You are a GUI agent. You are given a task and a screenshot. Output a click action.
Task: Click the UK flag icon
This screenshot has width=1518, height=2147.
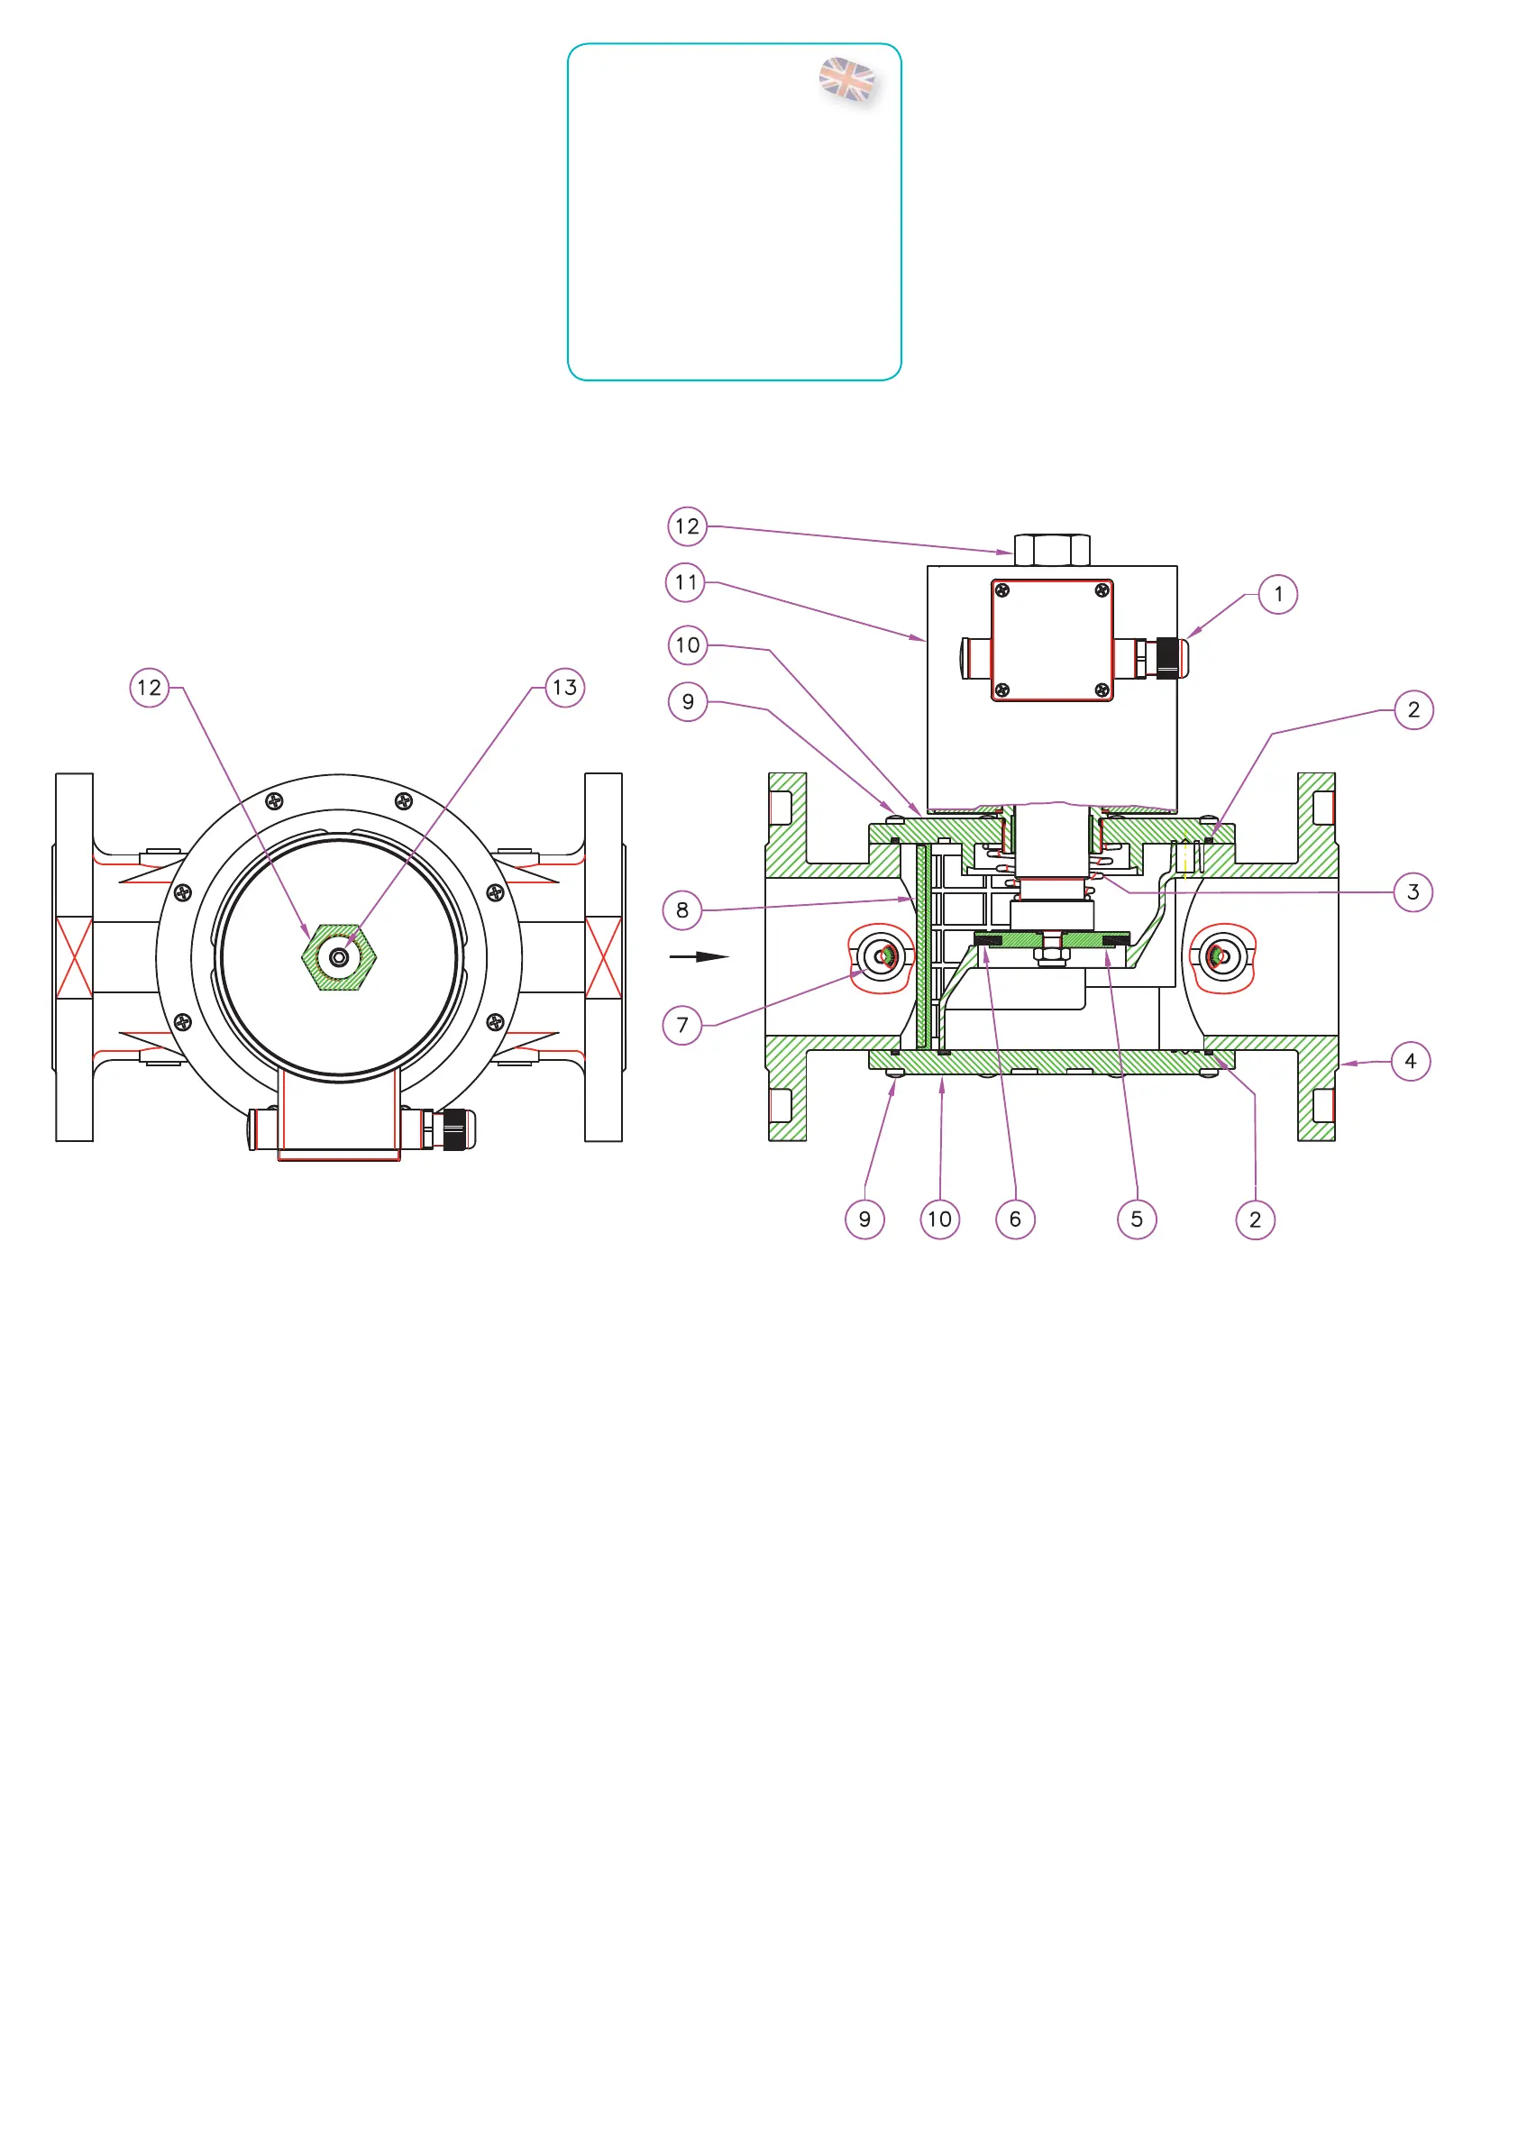[x=846, y=80]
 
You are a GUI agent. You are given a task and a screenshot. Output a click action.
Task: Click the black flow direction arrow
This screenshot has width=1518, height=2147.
[x=700, y=956]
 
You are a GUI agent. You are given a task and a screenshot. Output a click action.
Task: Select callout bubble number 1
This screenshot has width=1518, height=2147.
[x=1277, y=595]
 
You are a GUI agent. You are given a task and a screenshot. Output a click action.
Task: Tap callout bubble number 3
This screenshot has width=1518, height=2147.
[x=1413, y=892]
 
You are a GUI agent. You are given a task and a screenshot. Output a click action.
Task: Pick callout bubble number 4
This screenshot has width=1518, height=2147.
[x=1411, y=1062]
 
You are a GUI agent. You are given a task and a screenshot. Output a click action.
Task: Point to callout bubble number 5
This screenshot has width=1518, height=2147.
[x=1137, y=1220]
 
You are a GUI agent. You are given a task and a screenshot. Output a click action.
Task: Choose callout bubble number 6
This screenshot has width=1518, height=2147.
[x=1015, y=1220]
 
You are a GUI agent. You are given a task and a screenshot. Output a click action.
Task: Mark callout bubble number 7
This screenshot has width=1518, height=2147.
[x=681, y=1025]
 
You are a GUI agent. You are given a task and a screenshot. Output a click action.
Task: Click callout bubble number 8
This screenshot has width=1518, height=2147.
[x=681, y=909]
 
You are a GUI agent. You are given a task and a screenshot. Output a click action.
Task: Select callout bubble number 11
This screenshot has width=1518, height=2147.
[x=686, y=582]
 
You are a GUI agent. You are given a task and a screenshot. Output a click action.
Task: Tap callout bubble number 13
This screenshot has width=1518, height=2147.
[x=564, y=689]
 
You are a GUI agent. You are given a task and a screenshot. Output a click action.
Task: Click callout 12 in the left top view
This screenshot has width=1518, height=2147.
[x=149, y=689]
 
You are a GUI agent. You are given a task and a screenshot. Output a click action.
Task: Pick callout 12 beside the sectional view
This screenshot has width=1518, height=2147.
[x=687, y=526]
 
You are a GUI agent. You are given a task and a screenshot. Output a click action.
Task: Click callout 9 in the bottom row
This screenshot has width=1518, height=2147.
[x=864, y=1220]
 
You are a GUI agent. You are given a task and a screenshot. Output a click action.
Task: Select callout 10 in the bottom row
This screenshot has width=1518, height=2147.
[x=939, y=1220]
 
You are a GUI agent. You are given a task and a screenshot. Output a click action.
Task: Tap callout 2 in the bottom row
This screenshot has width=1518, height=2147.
[x=1255, y=1220]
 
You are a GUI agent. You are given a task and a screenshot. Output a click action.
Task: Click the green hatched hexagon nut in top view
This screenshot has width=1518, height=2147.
[x=339, y=957]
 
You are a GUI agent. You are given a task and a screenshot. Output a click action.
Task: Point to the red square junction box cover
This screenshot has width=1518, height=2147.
[x=1051, y=641]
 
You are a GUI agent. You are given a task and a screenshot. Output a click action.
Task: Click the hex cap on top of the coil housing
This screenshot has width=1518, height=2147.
[x=1051, y=550]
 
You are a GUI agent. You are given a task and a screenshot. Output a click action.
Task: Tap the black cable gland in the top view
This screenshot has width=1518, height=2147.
[x=454, y=1129]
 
